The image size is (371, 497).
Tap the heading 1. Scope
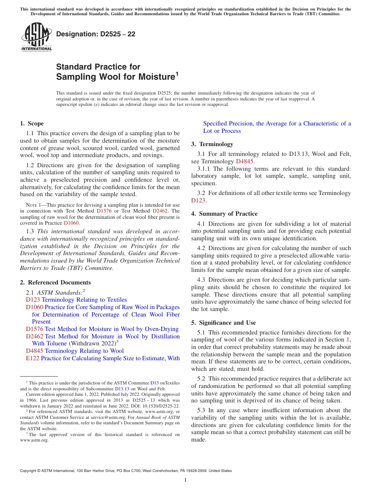coord(32,123)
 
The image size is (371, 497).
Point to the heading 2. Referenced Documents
coord(55,282)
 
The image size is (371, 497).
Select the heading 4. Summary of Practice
coord(224,214)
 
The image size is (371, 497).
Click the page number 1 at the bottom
coord(185,480)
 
